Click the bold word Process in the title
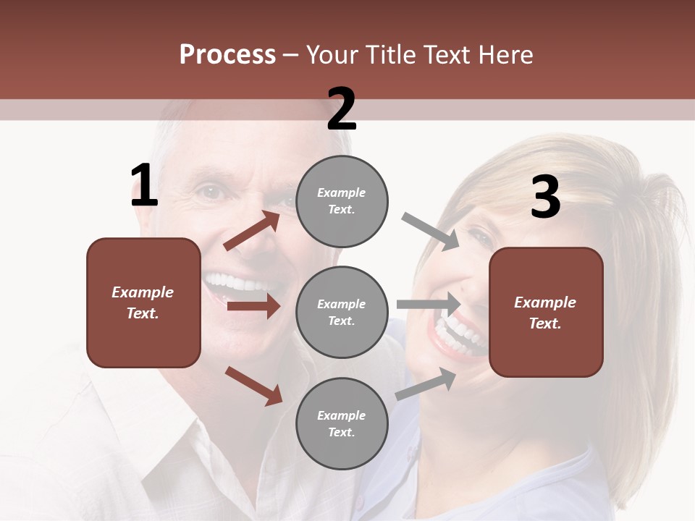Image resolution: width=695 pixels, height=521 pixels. [227, 55]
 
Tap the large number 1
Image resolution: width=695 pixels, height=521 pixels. [144, 186]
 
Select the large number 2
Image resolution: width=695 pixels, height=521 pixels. [342, 109]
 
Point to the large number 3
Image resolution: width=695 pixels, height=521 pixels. [545, 198]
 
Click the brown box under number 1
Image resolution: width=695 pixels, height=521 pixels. [143, 302]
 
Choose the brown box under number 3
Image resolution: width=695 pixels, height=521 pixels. [546, 312]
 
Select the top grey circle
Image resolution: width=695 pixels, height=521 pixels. [342, 201]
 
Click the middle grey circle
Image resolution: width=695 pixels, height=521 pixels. [342, 312]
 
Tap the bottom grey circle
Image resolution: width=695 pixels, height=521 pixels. [342, 423]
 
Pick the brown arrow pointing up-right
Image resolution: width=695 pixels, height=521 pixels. [252, 231]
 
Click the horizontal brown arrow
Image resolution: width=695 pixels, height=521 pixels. [253, 306]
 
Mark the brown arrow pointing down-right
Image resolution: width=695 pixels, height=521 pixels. [253, 386]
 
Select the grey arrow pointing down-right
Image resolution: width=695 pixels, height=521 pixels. [431, 232]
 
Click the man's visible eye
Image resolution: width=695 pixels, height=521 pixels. [211, 192]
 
